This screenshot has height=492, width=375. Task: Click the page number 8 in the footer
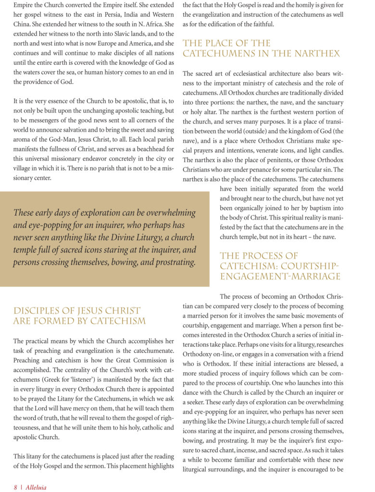point(15,487)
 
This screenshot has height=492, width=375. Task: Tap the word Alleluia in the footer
point(36,487)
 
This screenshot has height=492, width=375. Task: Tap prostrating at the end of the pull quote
point(173,262)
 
